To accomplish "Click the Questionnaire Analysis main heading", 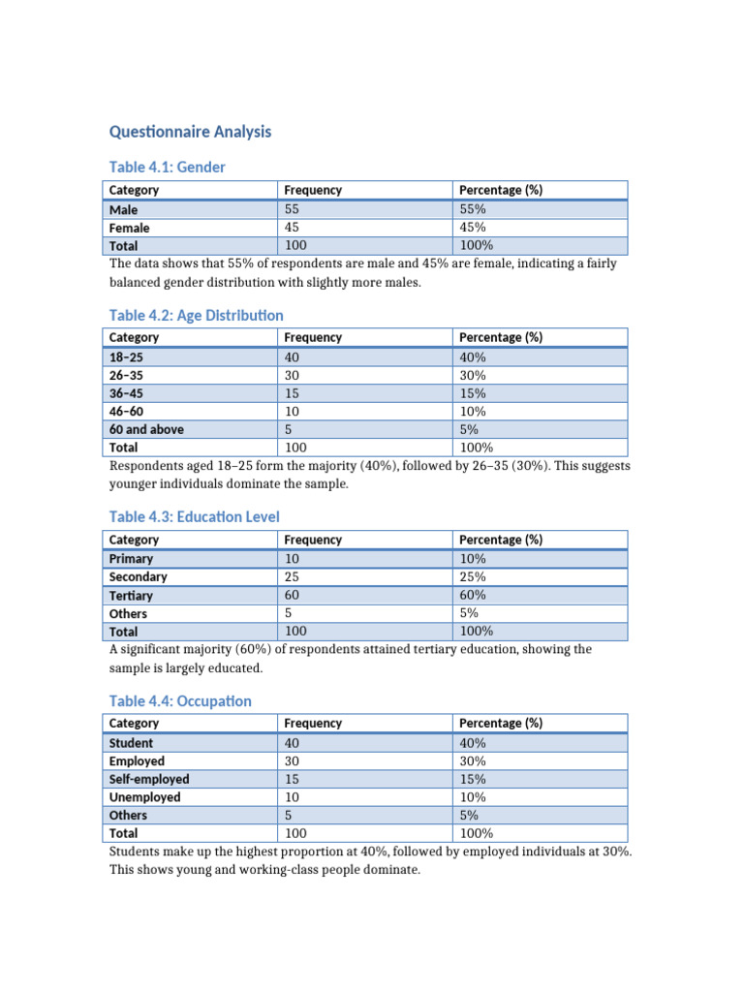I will pyautogui.click(x=190, y=132).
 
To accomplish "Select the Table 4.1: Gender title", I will pyautogui.click(x=167, y=168).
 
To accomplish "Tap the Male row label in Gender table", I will pyautogui.click(x=124, y=209).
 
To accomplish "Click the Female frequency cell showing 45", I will pyautogui.click(x=293, y=228).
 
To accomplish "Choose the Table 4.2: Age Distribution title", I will pyautogui.click(x=196, y=316).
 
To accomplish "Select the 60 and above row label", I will pyautogui.click(x=146, y=429).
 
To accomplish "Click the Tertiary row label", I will pyautogui.click(x=131, y=596).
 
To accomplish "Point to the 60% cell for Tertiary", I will pyautogui.click(x=473, y=595).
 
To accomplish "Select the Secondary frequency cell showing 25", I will pyautogui.click(x=293, y=576).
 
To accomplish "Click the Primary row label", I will pyautogui.click(x=131, y=559).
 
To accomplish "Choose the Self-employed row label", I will pyautogui.click(x=149, y=779).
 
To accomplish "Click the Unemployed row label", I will pyautogui.click(x=144, y=797).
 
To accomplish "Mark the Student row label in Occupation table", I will pyautogui.click(x=131, y=743).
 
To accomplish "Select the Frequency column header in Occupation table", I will pyautogui.click(x=313, y=723).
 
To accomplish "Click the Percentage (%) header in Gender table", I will pyautogui.click(x=500, y=190).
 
